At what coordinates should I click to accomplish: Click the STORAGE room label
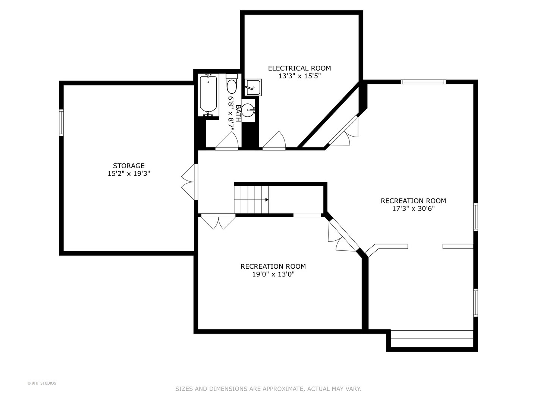(x=129, y=166)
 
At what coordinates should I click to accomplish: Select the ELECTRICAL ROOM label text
(x=299, y=68)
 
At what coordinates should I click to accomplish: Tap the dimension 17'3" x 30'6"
(x=413, y=209)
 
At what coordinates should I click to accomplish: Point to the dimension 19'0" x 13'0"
(x=273, y=274)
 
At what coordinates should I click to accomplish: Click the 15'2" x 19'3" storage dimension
(x=129, y=174)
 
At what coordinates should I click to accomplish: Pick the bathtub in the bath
(x=208, y=94)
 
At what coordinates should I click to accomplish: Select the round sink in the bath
(x=248, y=110)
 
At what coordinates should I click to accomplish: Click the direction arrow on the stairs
(x=267, y=200)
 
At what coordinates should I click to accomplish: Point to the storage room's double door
(x=189, y=182)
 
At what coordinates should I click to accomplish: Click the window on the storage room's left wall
(x=62, y=122)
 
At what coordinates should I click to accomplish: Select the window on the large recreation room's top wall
(x=423, y=82)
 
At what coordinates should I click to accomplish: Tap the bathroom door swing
(x=227, y=141)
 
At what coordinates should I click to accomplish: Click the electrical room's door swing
(x=274, y=141)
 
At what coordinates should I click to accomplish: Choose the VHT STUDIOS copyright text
(x=42, y=383)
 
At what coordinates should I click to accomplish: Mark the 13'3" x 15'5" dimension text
(x=299, y=76)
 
